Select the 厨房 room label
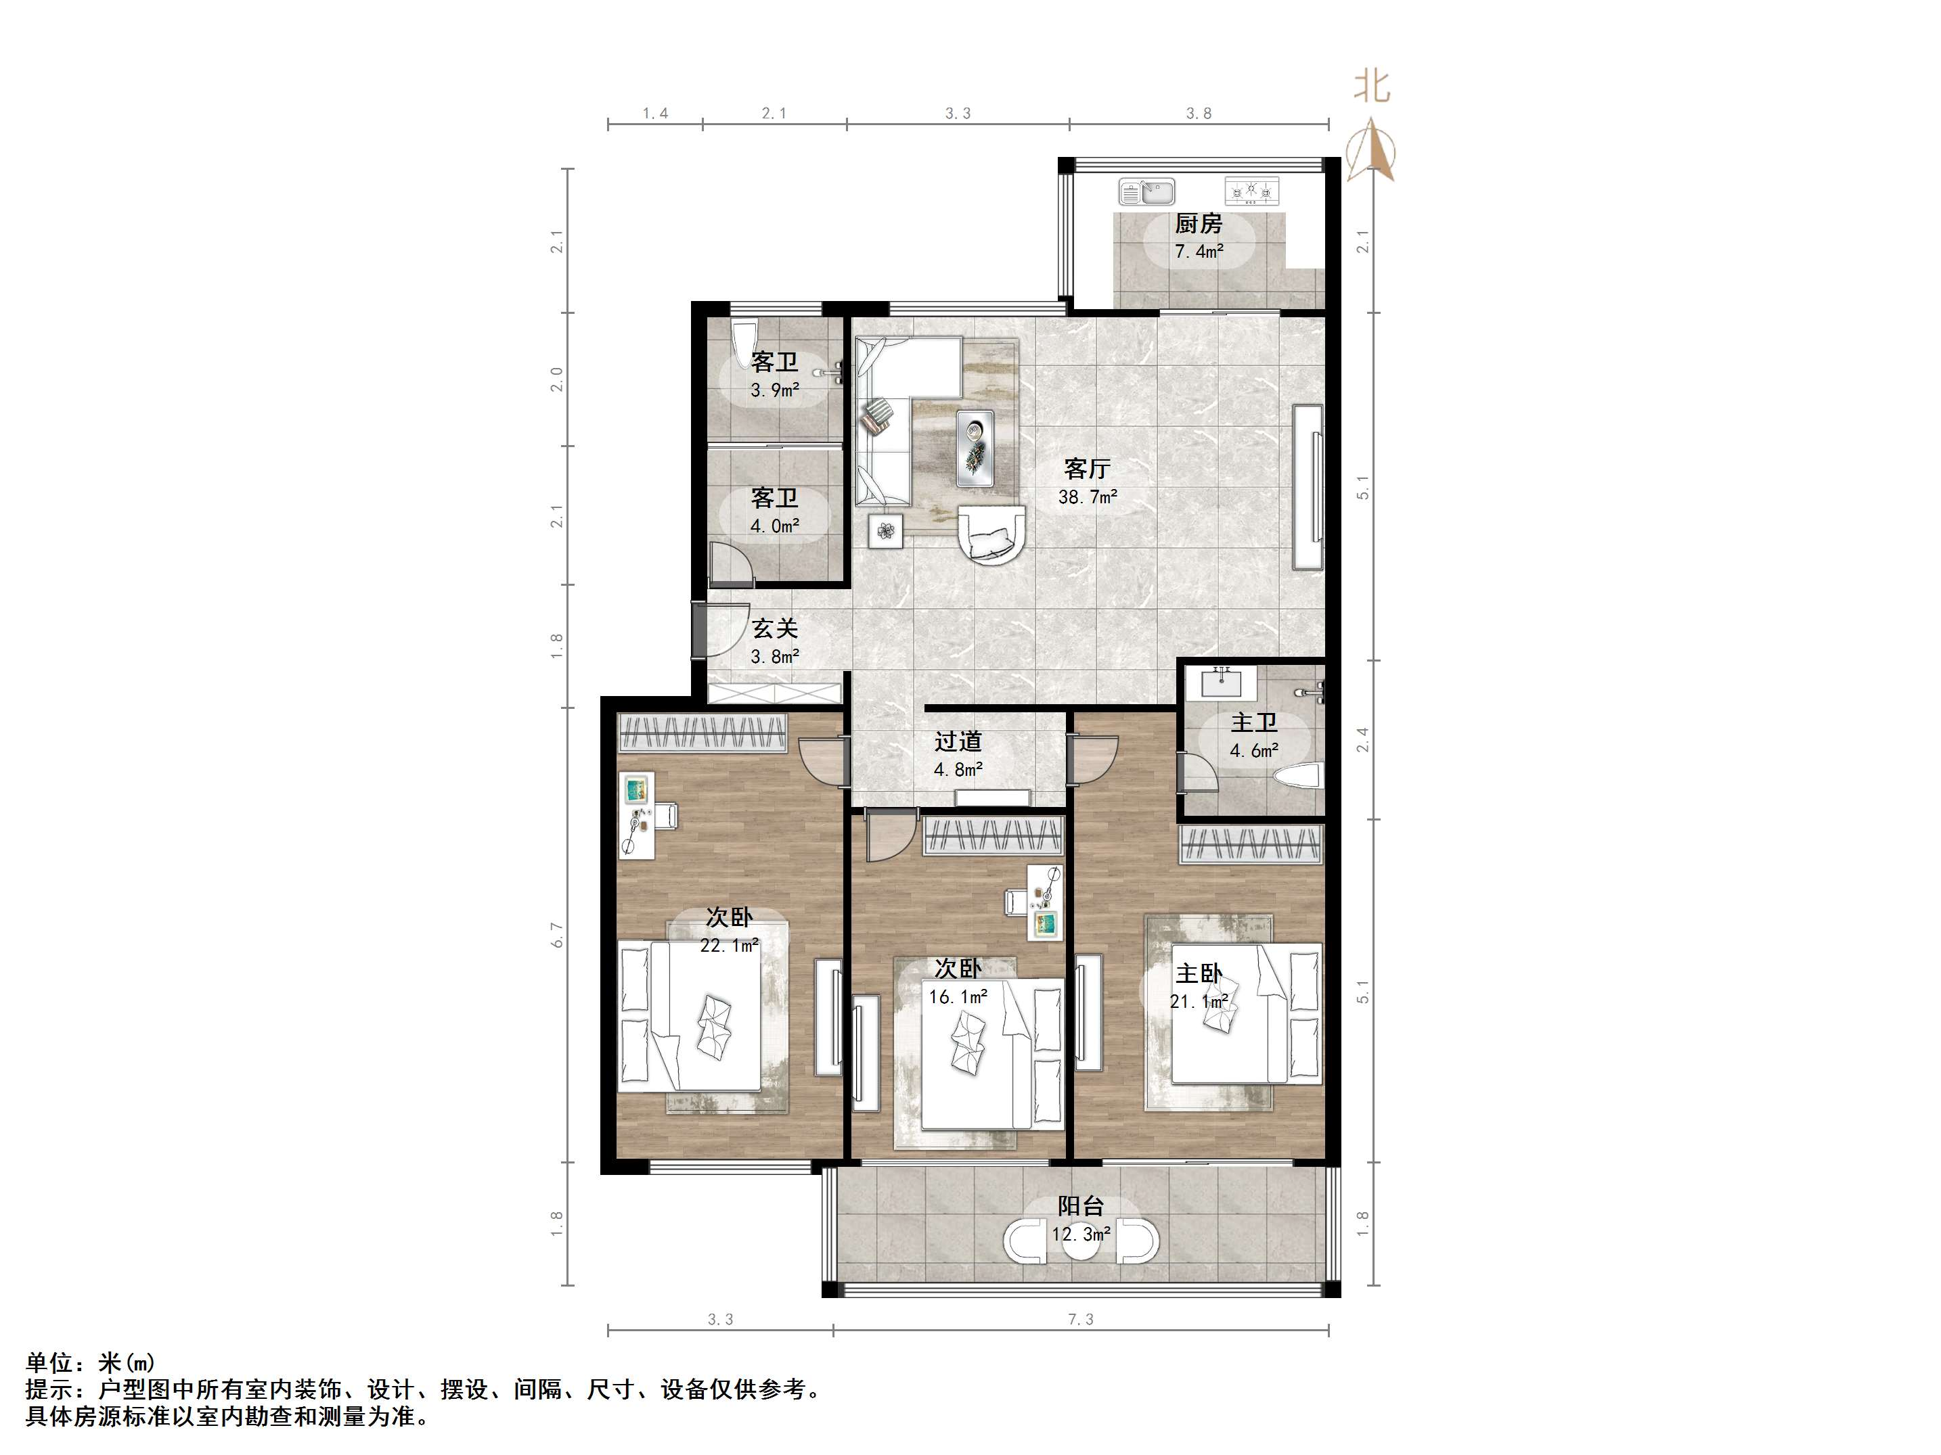(x=1199, y=224)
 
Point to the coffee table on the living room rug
(x=975, y=447)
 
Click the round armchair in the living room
(x=991, y=532)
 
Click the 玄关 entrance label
(x=775, y=629)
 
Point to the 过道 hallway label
(x=958, y=742)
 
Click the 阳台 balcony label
(x=1080, y=1206)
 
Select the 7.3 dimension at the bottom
(x=1081, y=1319)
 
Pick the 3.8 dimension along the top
(x=1199, y=113)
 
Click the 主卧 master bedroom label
(x=1199, y=973)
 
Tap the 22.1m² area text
(x=729, y=946)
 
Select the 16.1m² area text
(x=958, y=996)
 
